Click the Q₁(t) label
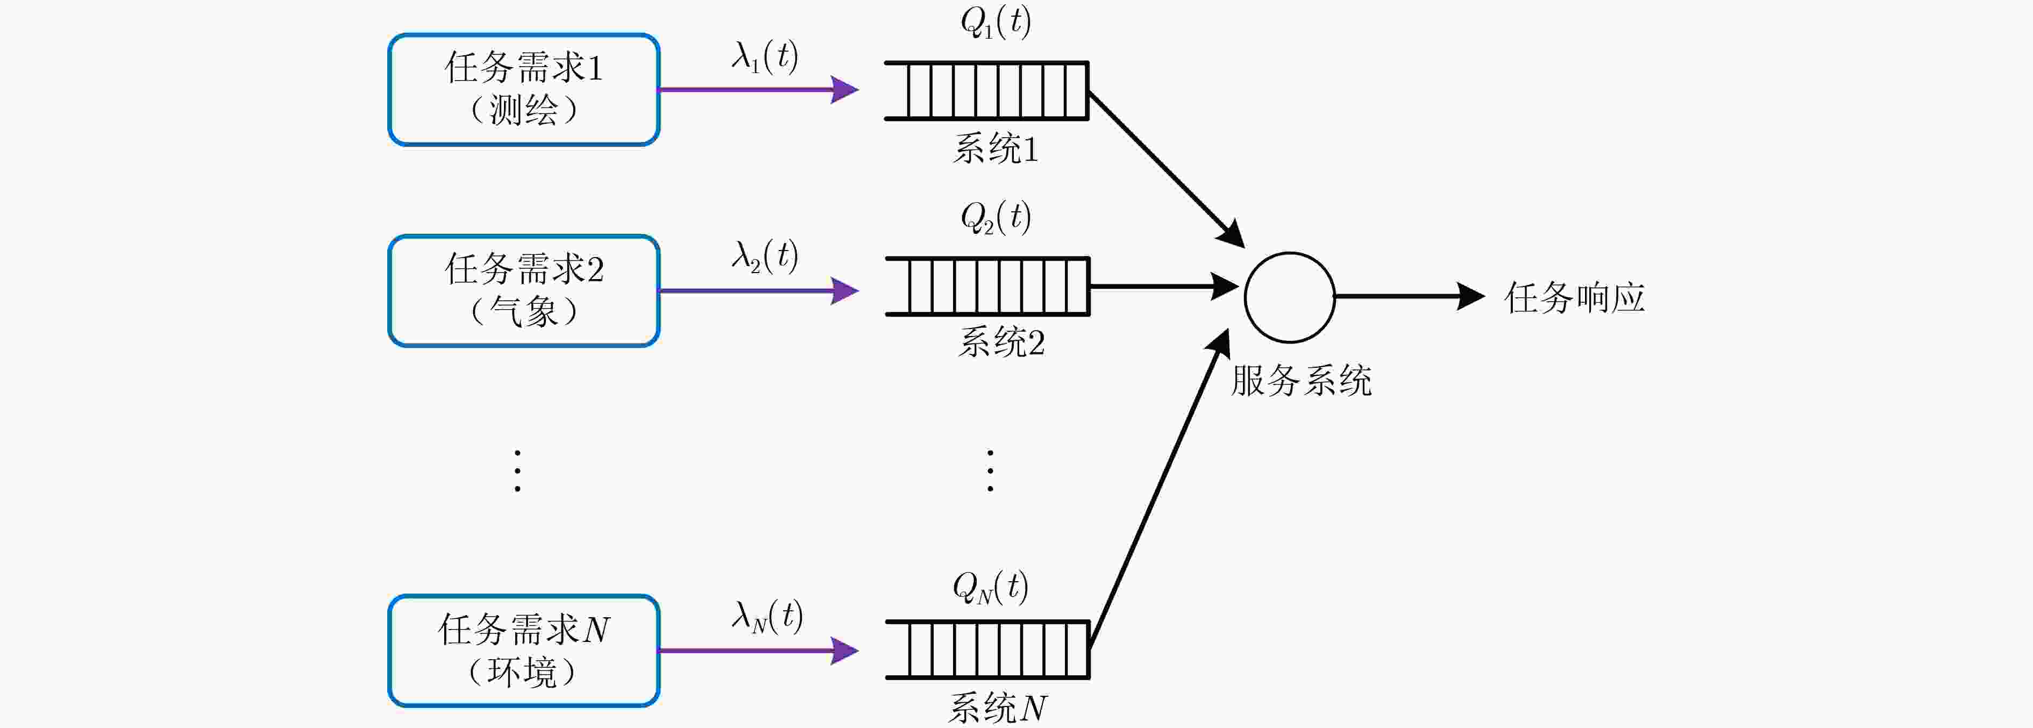995,22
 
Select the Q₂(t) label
995,217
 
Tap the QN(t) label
991,587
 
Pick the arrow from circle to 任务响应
1410,297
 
